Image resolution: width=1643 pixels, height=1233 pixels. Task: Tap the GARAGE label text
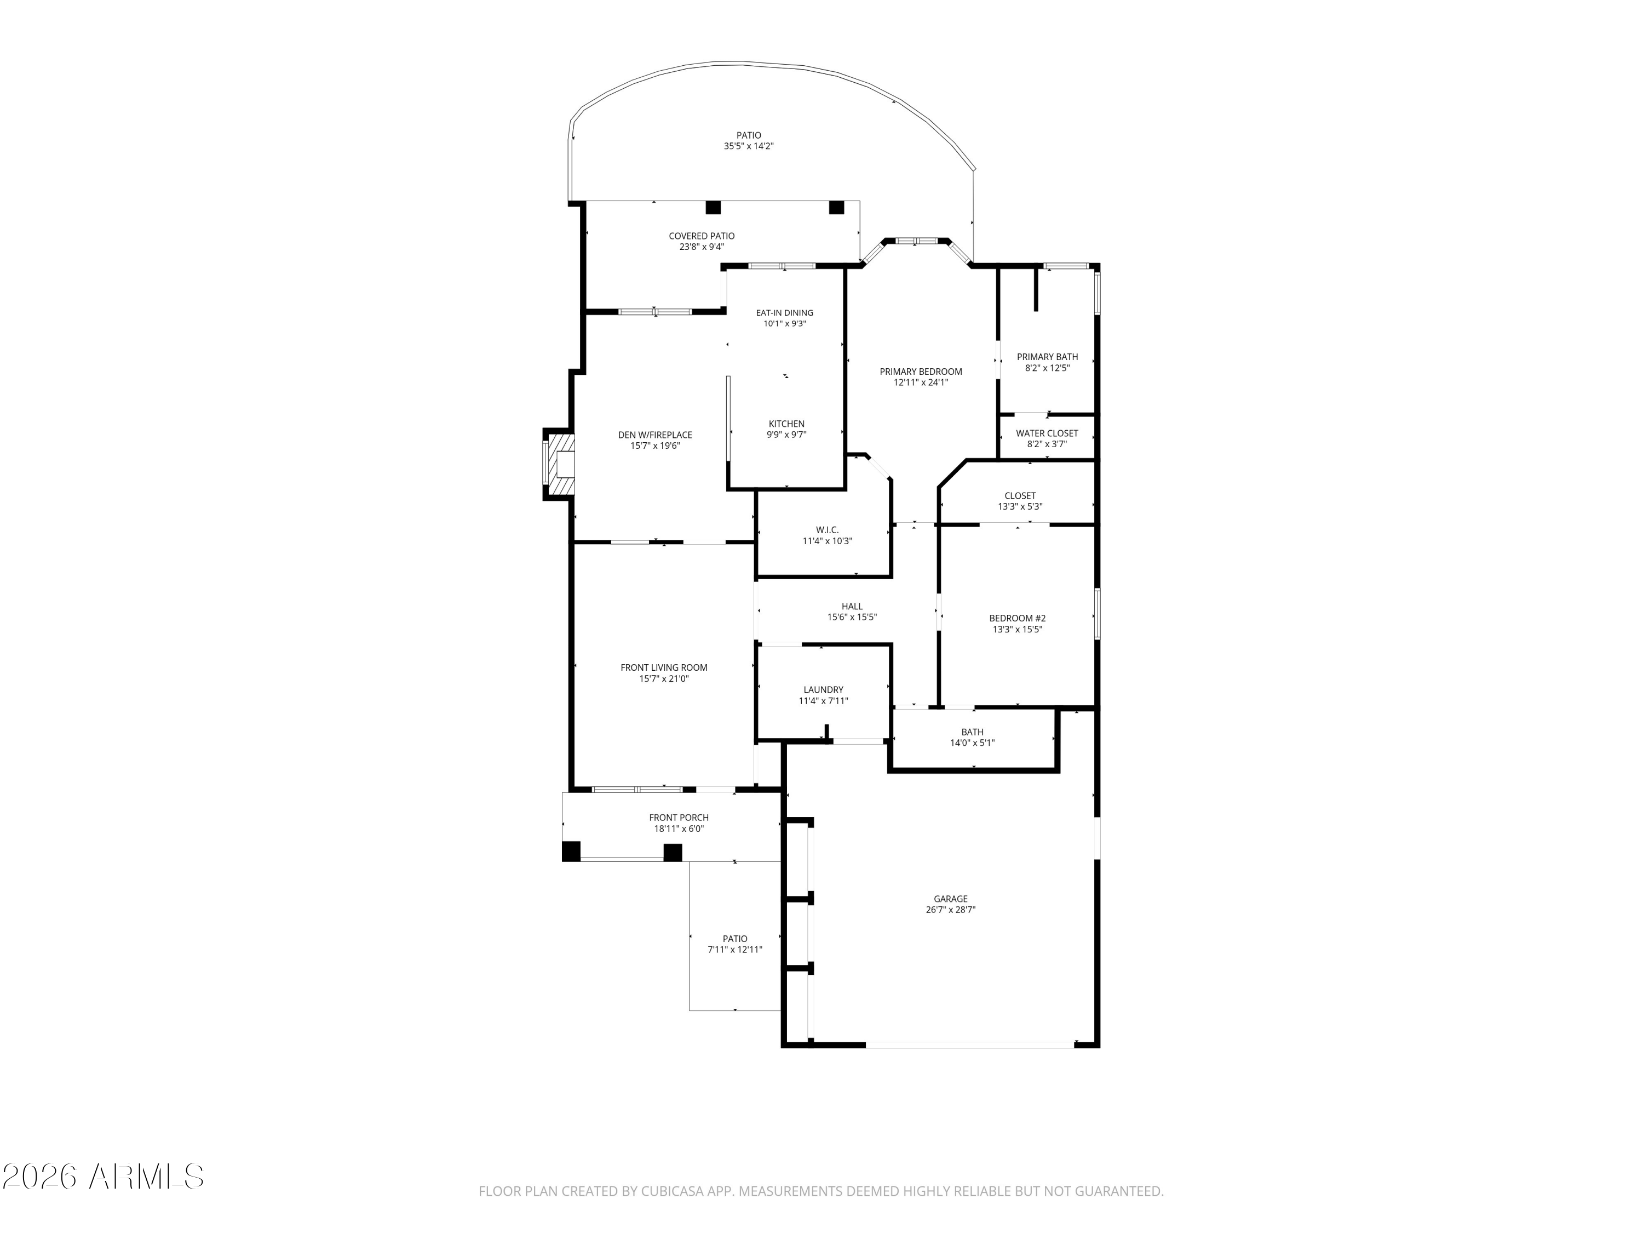tap(951, 899)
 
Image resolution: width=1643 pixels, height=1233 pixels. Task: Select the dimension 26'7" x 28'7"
tap(951, 910)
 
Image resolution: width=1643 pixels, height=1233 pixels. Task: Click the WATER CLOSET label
tap(1047, 433)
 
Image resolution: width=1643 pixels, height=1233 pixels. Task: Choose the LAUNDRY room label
tap(823, 690)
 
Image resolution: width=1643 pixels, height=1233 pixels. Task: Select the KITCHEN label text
tap(786, 424)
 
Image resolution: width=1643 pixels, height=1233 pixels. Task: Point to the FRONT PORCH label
tap(679, 818)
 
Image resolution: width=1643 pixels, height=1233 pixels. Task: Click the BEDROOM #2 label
tap(1018, 618)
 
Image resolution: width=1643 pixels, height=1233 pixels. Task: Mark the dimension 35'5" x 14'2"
tap(749, 146)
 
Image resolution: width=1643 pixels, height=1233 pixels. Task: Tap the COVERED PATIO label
tap(702, 236)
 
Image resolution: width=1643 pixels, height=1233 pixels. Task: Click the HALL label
tap(852, 607)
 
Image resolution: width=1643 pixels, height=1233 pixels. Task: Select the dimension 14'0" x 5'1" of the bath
tap(972, 743)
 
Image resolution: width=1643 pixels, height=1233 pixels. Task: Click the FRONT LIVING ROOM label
tap(664, 667)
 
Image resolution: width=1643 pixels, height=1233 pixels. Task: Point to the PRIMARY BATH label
tap(1047, 357)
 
